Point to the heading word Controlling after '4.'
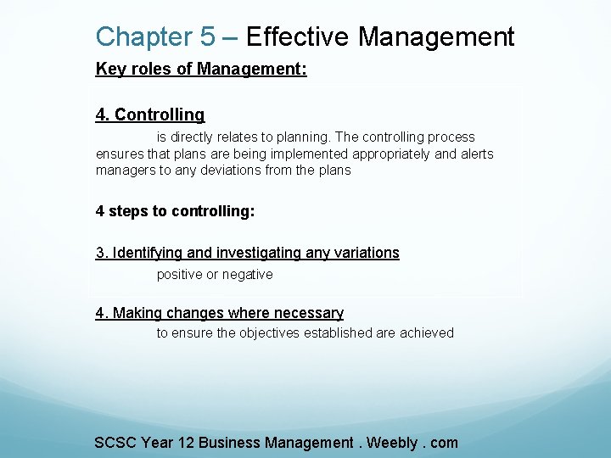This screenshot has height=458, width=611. [x=160, y=114]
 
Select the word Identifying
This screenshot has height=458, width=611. [x=149, y=253]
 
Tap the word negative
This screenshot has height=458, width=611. [x=247, y=275]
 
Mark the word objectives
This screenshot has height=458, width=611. [x=272, y=333]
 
